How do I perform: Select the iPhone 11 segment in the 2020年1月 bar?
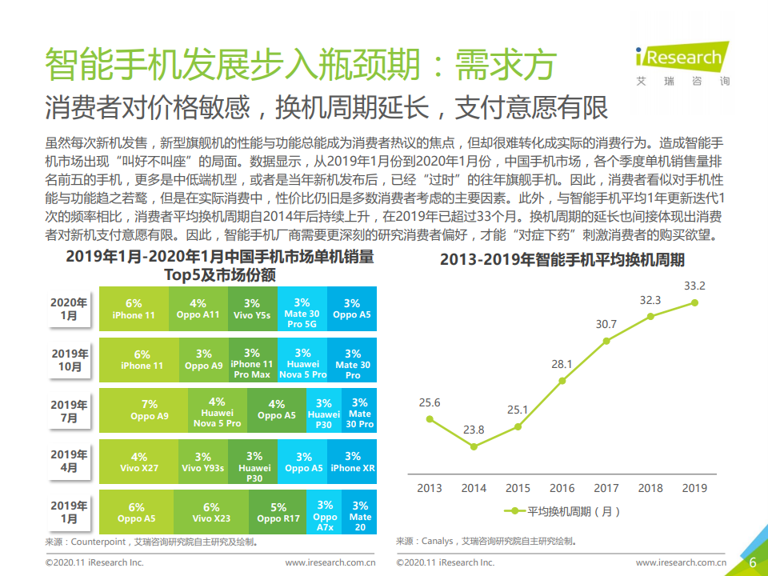134,309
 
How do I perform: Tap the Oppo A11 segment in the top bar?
198,309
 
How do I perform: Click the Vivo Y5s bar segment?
252,309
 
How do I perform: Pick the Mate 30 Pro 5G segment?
302,309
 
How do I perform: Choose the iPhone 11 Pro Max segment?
252,363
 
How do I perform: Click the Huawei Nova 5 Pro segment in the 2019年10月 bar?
302,363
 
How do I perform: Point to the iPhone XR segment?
352,462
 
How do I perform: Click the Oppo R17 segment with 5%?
278,513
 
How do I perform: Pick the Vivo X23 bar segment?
211,513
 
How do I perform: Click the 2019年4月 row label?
70,461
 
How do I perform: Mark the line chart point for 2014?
474,446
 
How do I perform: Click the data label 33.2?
694,286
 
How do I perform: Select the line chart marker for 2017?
606,341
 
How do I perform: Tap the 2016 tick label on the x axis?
562,487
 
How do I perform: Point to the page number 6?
752,562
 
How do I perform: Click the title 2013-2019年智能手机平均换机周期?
562,260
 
